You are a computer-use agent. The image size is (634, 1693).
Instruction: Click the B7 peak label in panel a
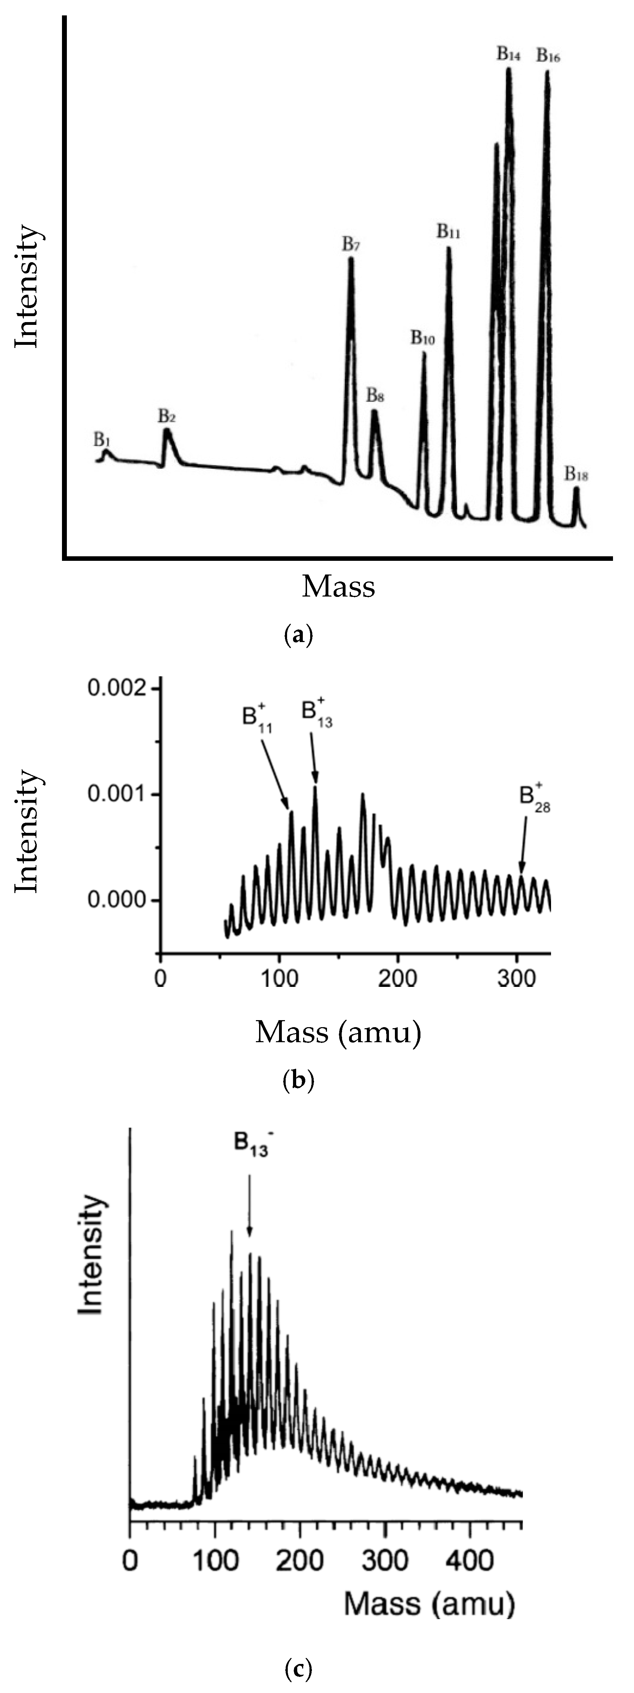pyautogui.click(x=351, y=244)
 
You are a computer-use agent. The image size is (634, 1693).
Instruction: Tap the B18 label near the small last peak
pyautogui.click(x=576, y=474)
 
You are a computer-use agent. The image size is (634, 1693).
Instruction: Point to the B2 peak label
pyautogui.click(x=167, y=416)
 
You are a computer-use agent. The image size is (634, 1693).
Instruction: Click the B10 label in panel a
pyautogui.click(x=423, y=338)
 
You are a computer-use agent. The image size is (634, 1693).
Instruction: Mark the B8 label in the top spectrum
pyautogui.click(x=376, y=396)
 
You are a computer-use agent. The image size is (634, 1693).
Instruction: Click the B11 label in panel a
pyautogui.click(x=449, y=231)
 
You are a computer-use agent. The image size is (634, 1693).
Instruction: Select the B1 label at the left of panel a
pyautogui.click(x=102, y=439)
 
